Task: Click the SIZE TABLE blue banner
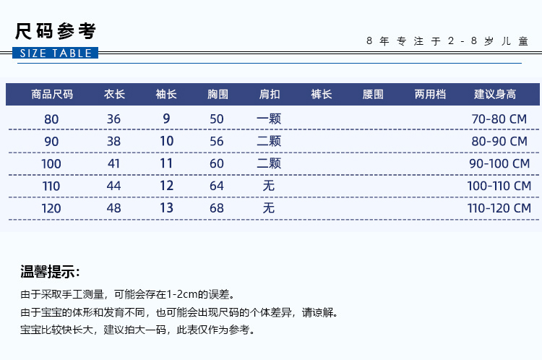coord(56,53)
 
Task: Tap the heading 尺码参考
coord(56,31)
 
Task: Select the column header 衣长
coord(114,94)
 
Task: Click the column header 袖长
coord(166,94)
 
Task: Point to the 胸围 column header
coord(218,94)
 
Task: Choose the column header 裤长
coord(322,94)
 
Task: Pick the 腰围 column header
coord(373,94)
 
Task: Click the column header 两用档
coord(431,94)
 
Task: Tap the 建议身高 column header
coord(495,94)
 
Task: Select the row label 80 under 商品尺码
coord(51,119)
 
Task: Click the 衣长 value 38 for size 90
coord(113,142)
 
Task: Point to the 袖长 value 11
coord(166,163)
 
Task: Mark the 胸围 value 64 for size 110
coord(217,186)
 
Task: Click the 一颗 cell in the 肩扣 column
coord(269,119)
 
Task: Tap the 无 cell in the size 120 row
coord(269,208)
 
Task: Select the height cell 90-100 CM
coord(499,163)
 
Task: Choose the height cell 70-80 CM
coord(499,119)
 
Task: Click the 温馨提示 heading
coord(50,272)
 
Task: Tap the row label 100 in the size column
coord(51,164)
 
